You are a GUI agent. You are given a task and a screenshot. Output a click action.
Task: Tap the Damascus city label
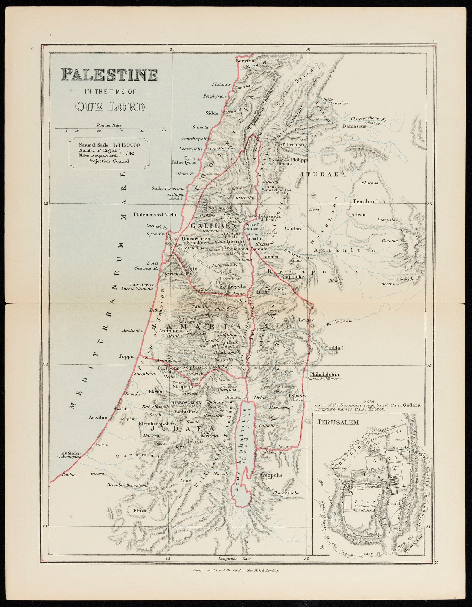pos(354,126)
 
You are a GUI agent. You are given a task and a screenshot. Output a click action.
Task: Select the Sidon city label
pos(212,113)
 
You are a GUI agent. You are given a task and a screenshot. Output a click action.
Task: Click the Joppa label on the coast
pos(126,356)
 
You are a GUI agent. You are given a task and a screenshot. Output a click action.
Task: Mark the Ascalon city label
pos(98,417)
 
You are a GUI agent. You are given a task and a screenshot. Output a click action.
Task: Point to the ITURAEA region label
pos(324,175)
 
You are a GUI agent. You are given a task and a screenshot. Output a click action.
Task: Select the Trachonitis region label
pos(369,201)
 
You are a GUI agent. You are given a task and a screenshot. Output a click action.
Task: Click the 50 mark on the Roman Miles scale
pos(163,131)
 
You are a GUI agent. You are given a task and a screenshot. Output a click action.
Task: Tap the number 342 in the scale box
pos(130,153)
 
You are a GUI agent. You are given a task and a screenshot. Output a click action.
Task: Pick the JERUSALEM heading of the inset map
pos(333,422)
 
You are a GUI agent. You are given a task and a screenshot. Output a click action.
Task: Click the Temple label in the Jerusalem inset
pos(396,476)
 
